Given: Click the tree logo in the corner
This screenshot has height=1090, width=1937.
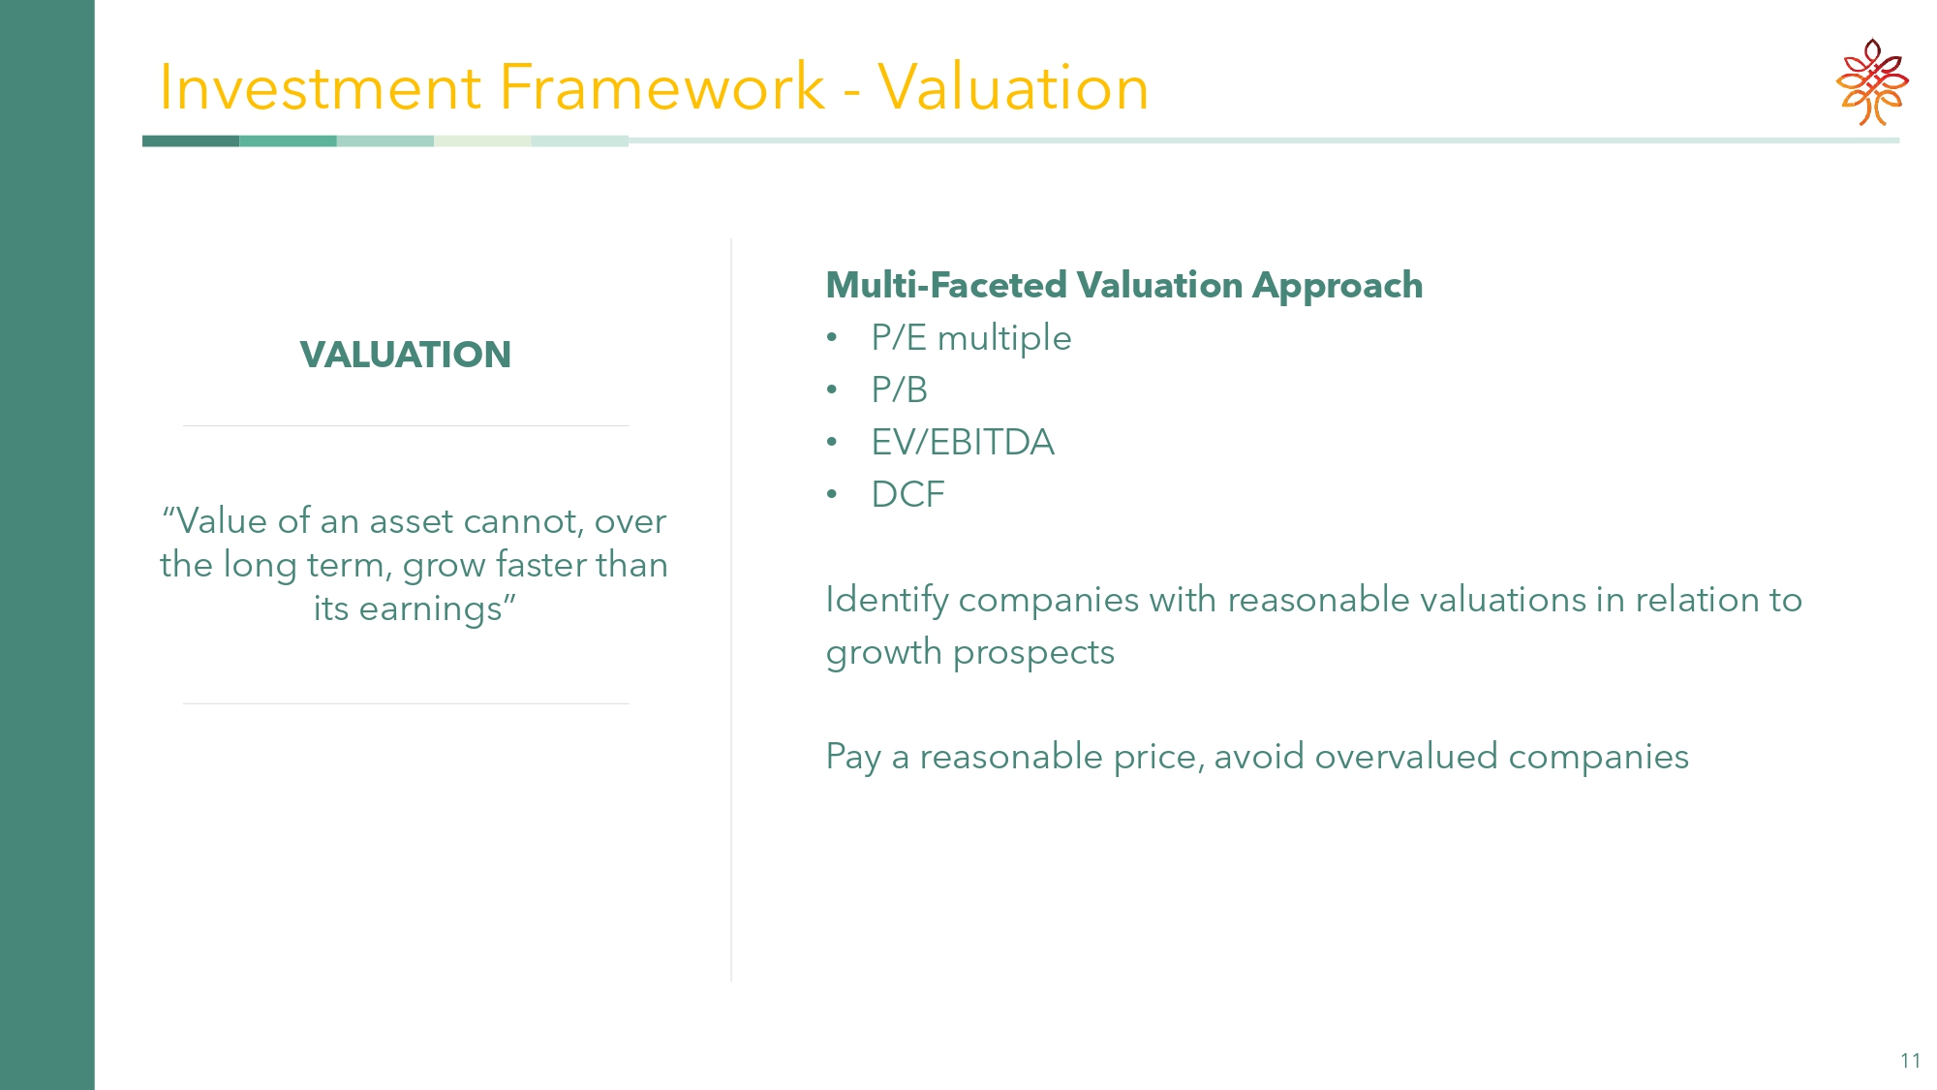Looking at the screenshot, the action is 1872,82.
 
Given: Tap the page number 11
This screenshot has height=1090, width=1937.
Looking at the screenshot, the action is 1910,1061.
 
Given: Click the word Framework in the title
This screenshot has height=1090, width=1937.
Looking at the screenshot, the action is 662,87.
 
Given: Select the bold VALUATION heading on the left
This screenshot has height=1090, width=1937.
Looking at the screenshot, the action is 406,355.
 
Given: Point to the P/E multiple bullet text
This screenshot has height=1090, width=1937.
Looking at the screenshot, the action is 971,338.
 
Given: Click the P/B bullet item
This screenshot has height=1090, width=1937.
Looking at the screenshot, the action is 900,389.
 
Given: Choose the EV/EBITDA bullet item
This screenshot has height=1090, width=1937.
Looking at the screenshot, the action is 963,442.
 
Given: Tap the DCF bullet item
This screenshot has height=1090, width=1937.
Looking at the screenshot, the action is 907,494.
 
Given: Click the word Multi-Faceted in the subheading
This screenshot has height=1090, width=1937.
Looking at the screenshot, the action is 946,285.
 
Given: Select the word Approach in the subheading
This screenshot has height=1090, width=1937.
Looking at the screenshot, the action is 1337,287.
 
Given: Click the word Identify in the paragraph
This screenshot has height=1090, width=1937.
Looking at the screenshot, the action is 887,601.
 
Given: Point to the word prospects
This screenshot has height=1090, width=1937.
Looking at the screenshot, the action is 1033,654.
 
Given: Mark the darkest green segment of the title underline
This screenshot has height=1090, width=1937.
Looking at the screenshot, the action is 191,141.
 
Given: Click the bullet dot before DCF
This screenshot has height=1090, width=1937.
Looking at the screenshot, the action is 832,494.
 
